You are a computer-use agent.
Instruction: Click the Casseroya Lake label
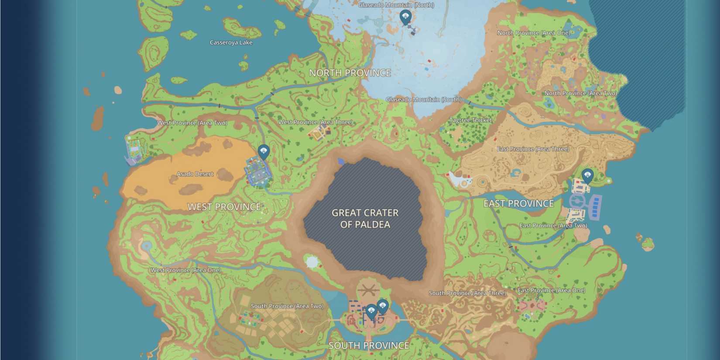click(x=231, y=42)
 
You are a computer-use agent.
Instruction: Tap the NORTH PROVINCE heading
click(x=350, y=73)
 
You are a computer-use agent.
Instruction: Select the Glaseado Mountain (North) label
click(x=396, y=5)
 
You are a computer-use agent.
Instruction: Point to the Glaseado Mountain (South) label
click(x=423, y=99)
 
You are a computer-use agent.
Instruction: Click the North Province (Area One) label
click(x=534, y=33)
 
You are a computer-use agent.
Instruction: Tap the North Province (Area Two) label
click(x=580, y=93)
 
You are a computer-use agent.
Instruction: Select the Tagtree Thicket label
click(x=470, y=120)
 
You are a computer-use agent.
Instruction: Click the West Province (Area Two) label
click(x=192, y=123)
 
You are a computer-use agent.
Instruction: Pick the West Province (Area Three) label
click(x=315, y=122)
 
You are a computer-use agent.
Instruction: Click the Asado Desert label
click(x=195, y=174)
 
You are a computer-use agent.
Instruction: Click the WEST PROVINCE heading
click(x=224, y=207)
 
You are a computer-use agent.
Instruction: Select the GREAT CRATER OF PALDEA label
click(x=365, y=219)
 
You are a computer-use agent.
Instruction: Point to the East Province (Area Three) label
click(x=533, y=149)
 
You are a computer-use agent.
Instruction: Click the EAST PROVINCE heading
click(x=518, y=203)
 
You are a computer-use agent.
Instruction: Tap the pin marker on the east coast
click(x=587, y=175)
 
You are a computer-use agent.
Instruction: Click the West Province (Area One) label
click(x=185, y=270)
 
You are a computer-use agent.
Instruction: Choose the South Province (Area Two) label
click(x=287, y=306)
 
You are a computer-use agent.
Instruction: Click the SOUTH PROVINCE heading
click(x=369, y=346)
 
